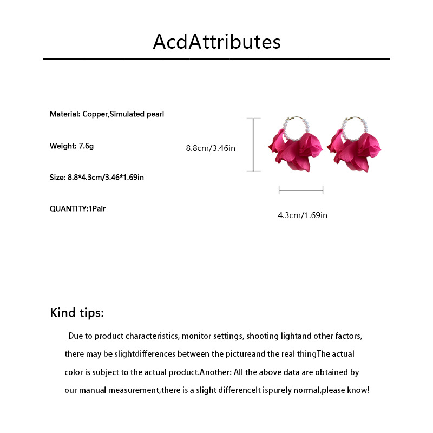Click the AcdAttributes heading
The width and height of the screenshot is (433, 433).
point(216,42)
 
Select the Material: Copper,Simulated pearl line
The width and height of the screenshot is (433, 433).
point(107,114)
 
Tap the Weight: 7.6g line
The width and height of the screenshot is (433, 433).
point(71,146)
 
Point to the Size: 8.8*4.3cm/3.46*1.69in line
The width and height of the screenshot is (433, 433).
point(96,177)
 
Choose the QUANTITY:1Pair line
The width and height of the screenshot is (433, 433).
point(77,208)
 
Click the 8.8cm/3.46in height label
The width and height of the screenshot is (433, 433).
point(211,148)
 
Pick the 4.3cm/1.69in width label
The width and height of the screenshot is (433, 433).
point(303,215)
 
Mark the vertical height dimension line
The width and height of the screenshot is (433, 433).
point(254,145)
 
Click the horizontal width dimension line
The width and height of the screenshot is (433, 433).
point(301,189)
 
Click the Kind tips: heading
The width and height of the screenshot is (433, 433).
point(77,313)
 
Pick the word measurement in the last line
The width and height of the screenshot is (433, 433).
point(130,390)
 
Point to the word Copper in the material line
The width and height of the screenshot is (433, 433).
point(95,114)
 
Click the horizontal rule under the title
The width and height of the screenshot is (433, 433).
point(216,58)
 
